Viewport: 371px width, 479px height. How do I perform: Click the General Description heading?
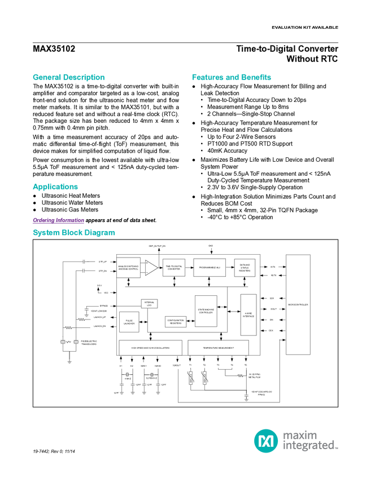[x=68, y=77]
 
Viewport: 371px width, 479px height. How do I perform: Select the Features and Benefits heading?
[x=232, y=77]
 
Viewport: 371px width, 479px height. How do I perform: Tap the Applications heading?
[x=55, y=187]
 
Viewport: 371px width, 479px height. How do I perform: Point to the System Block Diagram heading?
[x=73, y=232]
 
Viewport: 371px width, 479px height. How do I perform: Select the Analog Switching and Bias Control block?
[x=128, y=268]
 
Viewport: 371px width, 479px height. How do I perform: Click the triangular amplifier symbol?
[x=151, y=268]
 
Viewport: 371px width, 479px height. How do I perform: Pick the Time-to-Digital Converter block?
[x=173, y=268]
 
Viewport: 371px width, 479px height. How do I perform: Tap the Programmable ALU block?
[x=209, y=267]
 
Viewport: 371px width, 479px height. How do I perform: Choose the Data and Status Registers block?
[x=245, y=268]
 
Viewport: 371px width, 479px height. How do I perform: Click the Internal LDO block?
[x=149, y=304]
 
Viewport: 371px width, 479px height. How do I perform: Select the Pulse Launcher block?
[x=129, y=321]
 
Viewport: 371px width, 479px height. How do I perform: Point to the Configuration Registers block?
[x=175, y=322]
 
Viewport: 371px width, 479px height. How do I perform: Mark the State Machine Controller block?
[x=206, y=311]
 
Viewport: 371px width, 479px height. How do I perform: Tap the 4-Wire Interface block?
[x=248, y=314]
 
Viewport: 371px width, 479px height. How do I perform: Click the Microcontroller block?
[x=298, y=305]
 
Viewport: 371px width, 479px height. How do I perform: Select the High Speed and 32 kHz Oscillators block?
[x=150, y=348]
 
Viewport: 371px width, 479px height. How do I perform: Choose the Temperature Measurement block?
[x=217, y=348]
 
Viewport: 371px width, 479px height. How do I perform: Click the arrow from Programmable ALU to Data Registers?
[x=230, y=267]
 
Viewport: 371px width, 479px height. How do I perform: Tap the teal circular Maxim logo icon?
[x=265, y=440]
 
